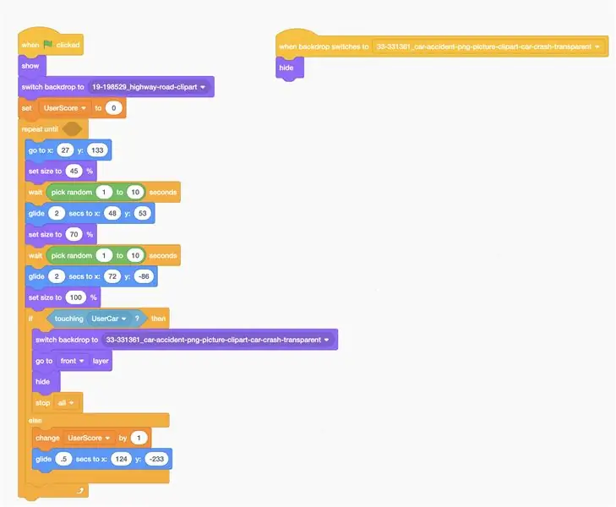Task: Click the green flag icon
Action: pos(48,45)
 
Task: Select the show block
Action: pos(32,66)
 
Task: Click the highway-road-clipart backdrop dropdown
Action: pos(149,87)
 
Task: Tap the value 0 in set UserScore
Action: pos(113,108)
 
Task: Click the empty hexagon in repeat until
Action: pos(73,128)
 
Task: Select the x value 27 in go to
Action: pos(65,150)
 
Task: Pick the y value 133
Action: pos(97,150)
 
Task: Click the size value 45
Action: pos(74,172)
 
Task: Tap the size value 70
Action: pos(74,234)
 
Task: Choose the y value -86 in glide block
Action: pos(144,276)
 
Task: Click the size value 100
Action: pos(76,297)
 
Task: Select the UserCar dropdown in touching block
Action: pos(108,319)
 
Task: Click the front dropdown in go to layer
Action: pos(73,361)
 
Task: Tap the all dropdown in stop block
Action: pos(66,403)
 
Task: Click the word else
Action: pos(35,421)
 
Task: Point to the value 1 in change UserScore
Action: pos(139,438)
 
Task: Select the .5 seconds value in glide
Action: pos(63,459)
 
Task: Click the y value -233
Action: pos(157,459)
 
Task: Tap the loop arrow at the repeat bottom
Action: pos(80,490)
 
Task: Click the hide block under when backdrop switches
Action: pos(290,68)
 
